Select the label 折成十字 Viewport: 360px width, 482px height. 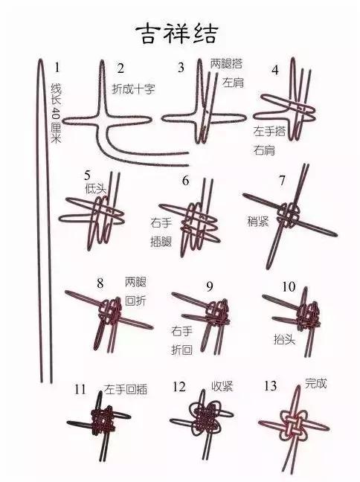click(133, 88)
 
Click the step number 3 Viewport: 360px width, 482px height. click(181, 68)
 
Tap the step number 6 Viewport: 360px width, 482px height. click(185, 181)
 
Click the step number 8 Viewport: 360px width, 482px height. click(100, 283)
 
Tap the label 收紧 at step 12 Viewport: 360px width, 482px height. click(222, 387)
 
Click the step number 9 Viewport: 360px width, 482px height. click(210, 286)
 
